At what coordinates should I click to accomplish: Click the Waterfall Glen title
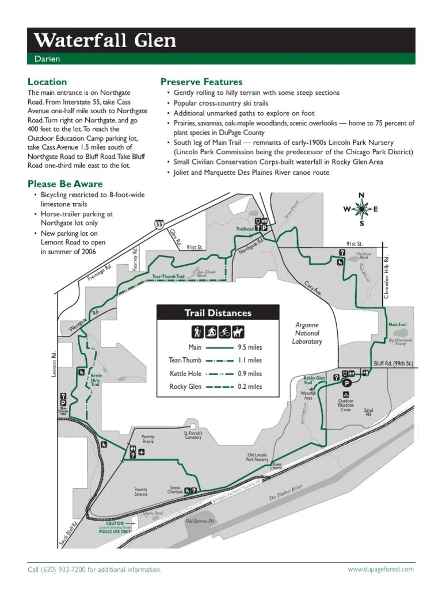(105, 40)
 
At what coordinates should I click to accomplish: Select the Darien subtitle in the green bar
(47, 59)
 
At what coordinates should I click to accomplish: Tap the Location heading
(47, 82)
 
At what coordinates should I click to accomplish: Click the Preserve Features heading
(201, 82)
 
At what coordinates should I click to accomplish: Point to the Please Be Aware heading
(65, 184)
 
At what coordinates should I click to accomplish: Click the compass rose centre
(362, 209)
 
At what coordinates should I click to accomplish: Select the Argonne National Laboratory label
(307, 333)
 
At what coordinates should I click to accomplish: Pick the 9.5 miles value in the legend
(249, 347)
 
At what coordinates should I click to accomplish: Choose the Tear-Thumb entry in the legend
(185, 360)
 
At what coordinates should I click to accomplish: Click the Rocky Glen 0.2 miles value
(249, 387)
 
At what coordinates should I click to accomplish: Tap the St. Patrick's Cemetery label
(193, 435)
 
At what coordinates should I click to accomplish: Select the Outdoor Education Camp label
(346, 406)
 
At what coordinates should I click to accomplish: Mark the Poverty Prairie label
(144, 439)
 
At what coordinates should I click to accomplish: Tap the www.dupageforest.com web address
(380, 569)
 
